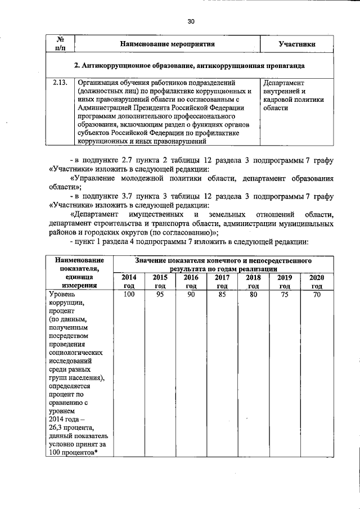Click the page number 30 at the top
coord(191,21)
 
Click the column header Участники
coord(296,44)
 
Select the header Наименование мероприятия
coord(169,44)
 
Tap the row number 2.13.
coord(60,82)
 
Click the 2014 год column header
coord(129,282)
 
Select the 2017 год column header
coord(222,282)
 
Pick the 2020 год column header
coord(316,282)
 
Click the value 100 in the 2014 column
coord(129,294)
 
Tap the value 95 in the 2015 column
coord(160,294)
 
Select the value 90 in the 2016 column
coord(191,294)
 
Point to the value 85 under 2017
coord(222,294)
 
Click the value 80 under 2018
coord(253,294)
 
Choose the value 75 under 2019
coord(285,294)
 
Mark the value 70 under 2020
coord(316,294)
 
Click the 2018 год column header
coord(253,282)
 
